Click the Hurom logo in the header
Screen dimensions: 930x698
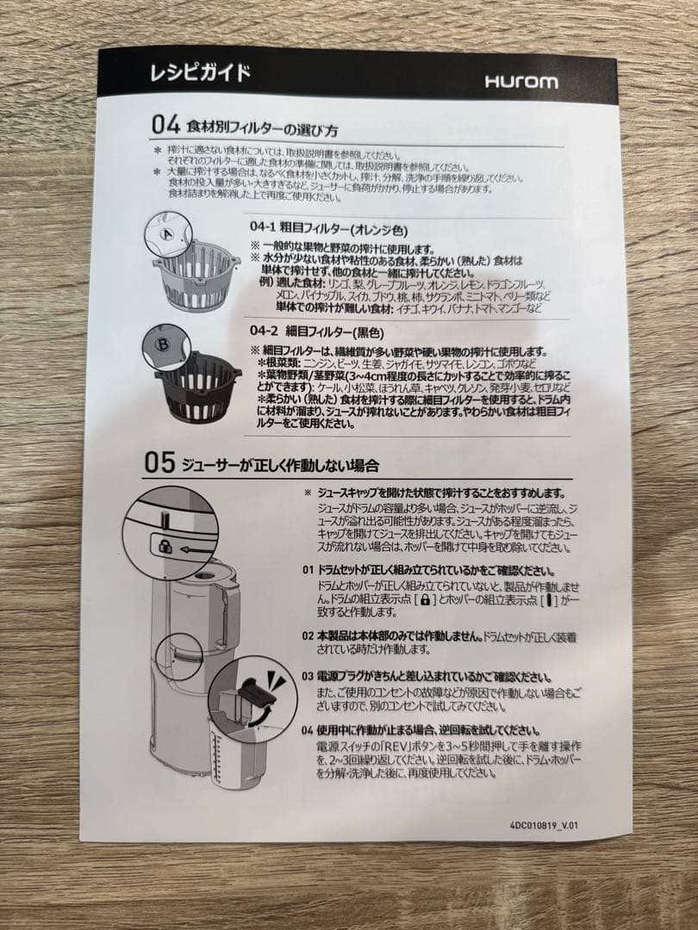point(520,83)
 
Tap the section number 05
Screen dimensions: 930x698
point(160,464)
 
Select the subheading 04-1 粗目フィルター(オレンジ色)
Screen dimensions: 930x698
point(328,230)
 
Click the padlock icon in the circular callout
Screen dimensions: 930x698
point(163,546)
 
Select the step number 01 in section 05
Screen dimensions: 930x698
point(308,571)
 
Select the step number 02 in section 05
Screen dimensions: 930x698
point(308,635)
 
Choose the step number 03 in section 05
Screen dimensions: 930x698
point(308,676)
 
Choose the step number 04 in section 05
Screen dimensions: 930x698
point(308,729)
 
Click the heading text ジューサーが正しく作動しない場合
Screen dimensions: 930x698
point(280,466)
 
